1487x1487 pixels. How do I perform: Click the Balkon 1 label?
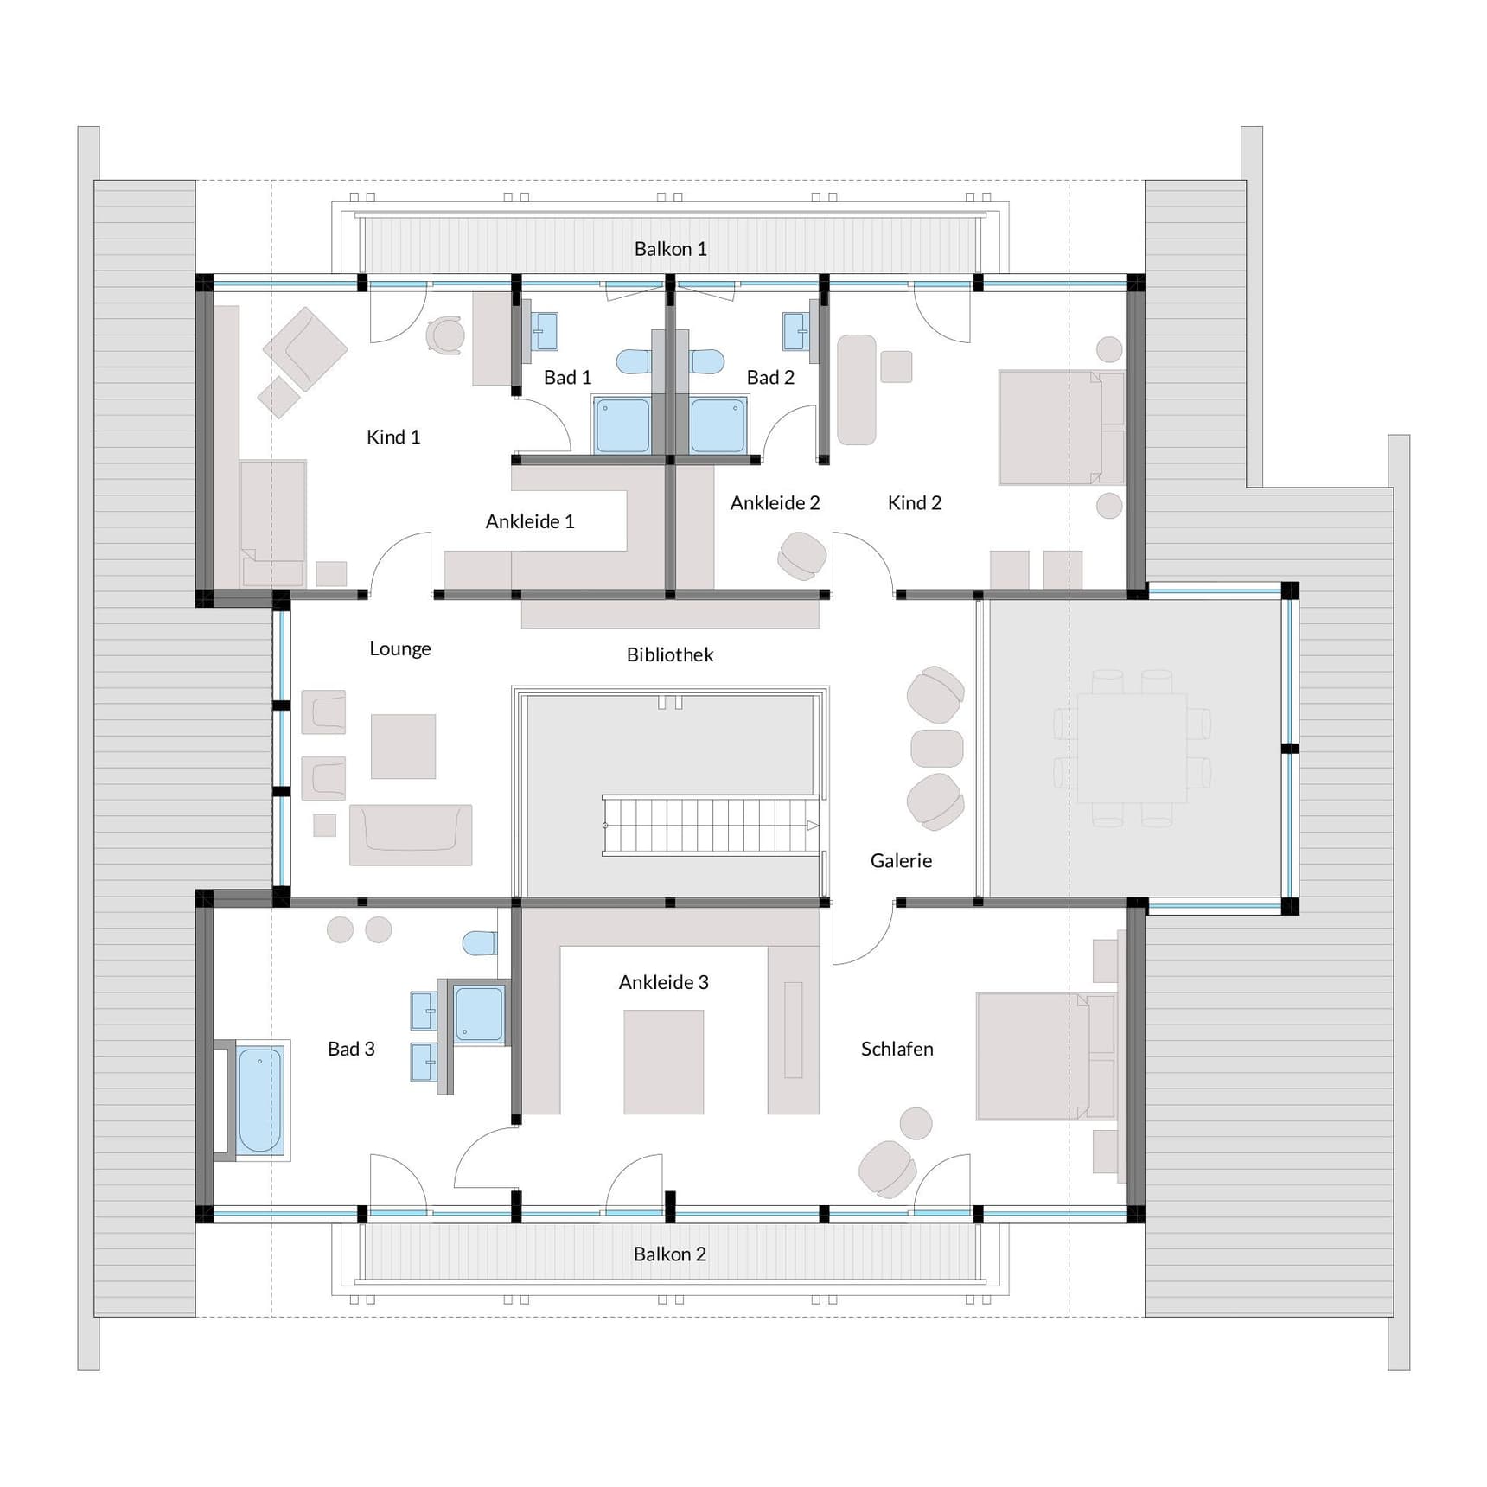click(x=670, y=249)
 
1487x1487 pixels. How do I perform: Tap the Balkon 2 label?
click(x=669, y=1254)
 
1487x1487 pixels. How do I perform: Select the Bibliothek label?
click(x=670, y=655)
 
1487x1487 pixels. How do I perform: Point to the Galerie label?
click(x=901, y=861)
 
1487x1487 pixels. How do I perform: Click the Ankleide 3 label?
click(x=663, y=983)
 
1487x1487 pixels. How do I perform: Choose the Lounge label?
click(x=399, y=649)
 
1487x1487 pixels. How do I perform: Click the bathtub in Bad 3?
click(x=259, y=1101)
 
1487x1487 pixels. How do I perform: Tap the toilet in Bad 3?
click(x=479, y=942)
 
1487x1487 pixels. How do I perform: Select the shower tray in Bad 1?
click(x=622, y=424)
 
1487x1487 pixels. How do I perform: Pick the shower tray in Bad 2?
click(x=718, y=424)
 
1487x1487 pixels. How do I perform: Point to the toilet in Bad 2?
click(x=707, y=361)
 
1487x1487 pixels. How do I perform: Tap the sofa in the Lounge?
click(x=411, y=833)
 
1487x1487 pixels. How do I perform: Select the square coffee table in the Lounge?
click(x=403, y=746)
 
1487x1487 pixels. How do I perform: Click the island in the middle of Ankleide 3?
click(x=663, y=1062)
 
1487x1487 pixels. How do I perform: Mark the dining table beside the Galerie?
click(x=1131, y=749)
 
